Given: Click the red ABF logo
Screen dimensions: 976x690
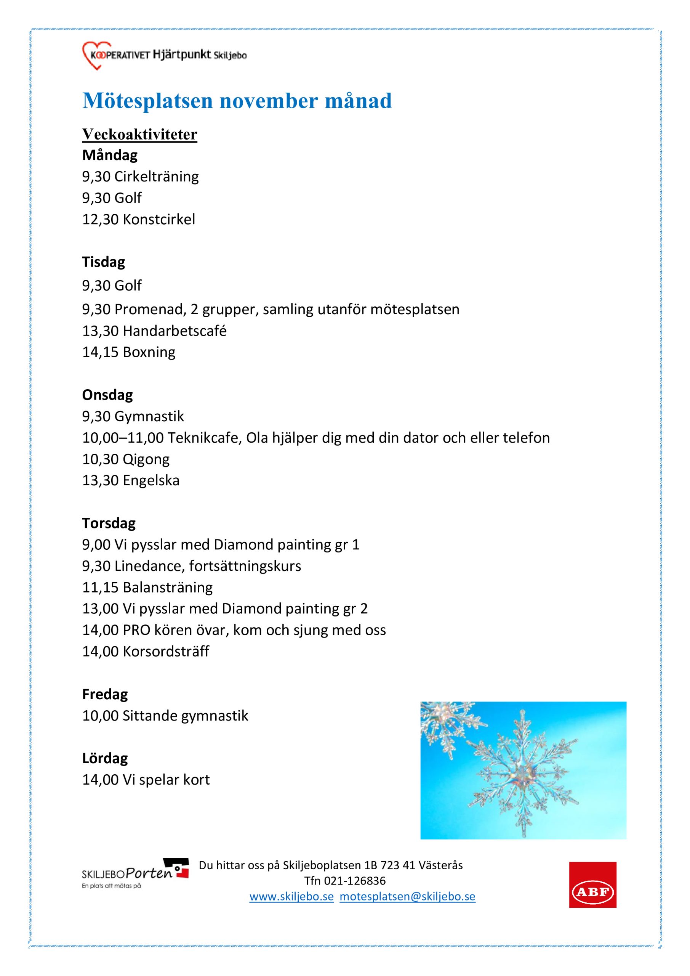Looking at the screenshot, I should pos(592,891).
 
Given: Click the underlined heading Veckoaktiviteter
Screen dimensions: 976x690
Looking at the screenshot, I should pos(139,134).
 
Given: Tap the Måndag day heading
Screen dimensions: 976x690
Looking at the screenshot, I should pos(110,155).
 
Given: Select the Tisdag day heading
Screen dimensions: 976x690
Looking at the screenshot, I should pos(103,262).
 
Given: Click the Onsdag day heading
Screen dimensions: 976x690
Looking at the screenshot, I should pos(107,395).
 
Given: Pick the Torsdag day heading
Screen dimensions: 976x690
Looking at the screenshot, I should pos(108,523).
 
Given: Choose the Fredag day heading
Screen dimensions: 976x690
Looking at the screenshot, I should pos(104,694).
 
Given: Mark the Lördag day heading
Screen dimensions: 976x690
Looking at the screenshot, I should pos(104,758).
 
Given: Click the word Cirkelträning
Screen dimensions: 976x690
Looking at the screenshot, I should pos(156,177).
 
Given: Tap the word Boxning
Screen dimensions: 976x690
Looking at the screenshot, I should pos(149,352).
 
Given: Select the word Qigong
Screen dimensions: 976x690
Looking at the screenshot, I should pos(146,459).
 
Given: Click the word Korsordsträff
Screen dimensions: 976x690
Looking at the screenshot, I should pos(166,651).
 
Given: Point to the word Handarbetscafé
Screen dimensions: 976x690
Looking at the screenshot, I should pos(174,331).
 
